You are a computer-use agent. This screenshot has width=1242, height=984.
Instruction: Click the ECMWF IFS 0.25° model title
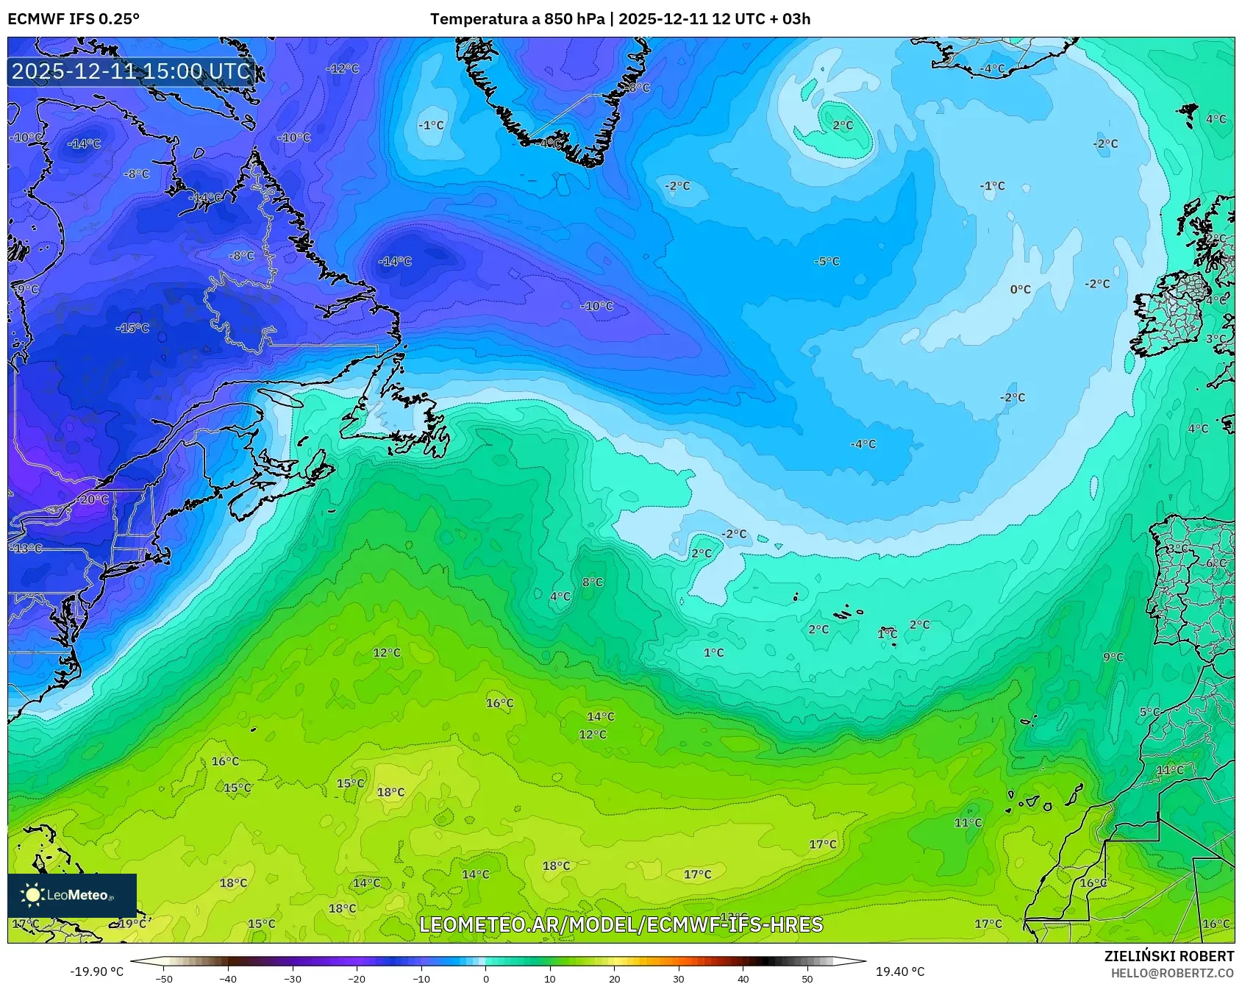pyautogui.click(x=74, y=19)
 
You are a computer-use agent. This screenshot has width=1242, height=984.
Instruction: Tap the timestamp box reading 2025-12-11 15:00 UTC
pyautogui.click(x=132, y=71)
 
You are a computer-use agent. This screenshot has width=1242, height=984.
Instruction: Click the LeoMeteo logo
pyautogui.click(x=71, y=895)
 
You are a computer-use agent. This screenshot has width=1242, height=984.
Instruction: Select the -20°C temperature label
pyautogui.click(x=93, y=499)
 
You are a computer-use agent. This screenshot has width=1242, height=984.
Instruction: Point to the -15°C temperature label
pyautogui.click(x=132, y=327)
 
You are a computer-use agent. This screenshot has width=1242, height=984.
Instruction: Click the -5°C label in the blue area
pyautogui.click(x=827, y=261)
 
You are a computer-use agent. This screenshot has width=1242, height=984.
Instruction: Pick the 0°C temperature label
pyautogui.click(x=1020, y=289)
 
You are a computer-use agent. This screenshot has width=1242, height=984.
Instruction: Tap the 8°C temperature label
pyautogui.click(x=592, y=582)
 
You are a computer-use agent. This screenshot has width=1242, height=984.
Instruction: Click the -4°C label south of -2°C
pyautogui.click(x=863, y=443)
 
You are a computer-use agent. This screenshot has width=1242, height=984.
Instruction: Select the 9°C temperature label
pyautogui.click(x=1113, y=657)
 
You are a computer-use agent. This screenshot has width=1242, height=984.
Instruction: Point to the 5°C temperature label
pyautogui.click(x=1149, y=712)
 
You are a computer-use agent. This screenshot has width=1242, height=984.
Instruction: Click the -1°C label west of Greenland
pyautogui.click(x=431, y=125)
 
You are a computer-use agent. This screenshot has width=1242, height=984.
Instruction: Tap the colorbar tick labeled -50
pyautogui.click(x=164, y=978)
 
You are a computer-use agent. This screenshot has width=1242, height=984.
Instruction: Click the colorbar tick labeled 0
pyautogui.click(x=485, y=978)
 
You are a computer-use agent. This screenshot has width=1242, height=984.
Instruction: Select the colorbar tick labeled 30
pyautogui.click(x=678, y=978)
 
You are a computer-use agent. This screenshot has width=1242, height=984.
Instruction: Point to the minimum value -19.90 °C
pyautogui.click(x=96, y=971)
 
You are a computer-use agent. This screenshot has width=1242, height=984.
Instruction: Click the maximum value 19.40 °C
pyautogui.click(x=899, y=971)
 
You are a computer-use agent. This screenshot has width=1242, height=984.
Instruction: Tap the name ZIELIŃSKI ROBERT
pyautogui.click(x=1168, y=956)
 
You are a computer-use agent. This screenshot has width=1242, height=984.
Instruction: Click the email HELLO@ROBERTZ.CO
pyautogui.click(x=1172, y=973)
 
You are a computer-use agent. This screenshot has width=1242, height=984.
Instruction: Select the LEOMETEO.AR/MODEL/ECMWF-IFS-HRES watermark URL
pyautogui.click(x=621, y=924)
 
